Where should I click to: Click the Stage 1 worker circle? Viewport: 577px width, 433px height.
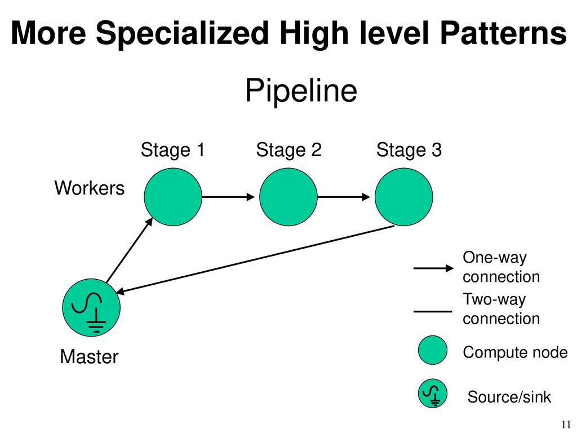click(173, 197)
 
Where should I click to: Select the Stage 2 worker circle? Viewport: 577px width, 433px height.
click(288, 197)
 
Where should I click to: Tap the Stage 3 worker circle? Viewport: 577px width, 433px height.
click(403, 197)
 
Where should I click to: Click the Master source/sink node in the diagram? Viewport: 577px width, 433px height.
click(91, 307)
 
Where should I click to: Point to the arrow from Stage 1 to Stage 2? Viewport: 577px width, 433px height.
click(229, 197)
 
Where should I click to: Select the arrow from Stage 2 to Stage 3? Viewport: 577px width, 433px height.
click(344, 197)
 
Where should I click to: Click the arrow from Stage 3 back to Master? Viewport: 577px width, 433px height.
click(255, 259)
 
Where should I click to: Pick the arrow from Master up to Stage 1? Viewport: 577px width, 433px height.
click(130, 250)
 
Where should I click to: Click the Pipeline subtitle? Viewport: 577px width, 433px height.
click(301, 90)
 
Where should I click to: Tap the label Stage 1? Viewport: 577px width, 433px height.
click(172, 150)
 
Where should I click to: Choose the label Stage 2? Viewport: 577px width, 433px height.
click(289, 150)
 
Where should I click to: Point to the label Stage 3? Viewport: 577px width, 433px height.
click(409, 150)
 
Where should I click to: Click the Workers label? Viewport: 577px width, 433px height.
click(90, 188)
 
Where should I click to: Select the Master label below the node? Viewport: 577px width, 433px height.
click(89, 357)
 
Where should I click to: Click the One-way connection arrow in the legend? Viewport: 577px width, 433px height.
click(433, 268)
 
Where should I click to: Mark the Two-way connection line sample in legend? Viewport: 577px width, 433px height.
click(433, 311)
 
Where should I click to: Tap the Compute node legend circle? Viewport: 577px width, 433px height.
click(433, 350)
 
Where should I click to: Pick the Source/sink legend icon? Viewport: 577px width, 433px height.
click(433, 393)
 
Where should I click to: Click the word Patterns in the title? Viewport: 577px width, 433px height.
click(503, 33)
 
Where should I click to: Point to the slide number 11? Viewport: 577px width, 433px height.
click(566, 424)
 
